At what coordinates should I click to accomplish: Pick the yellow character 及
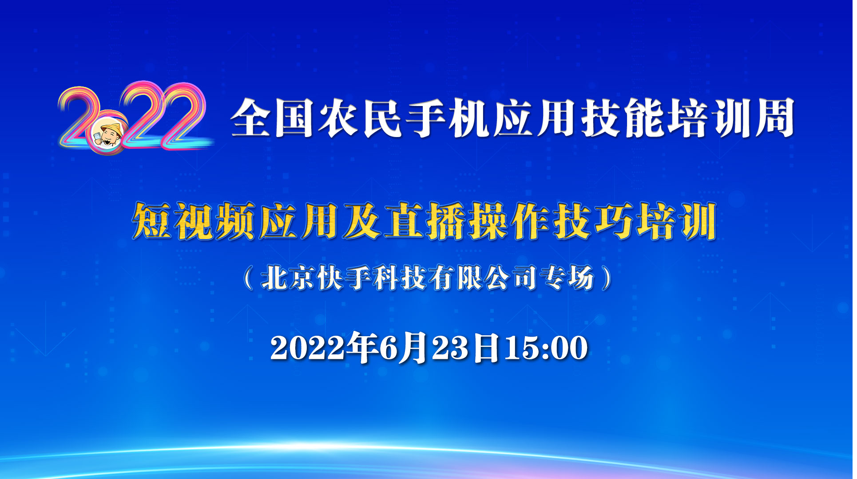click(362, 221)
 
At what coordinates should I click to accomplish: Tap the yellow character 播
click(446, 221)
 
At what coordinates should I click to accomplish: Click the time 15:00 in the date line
click(546, 348)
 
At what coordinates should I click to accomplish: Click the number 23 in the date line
click(450, 348)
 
